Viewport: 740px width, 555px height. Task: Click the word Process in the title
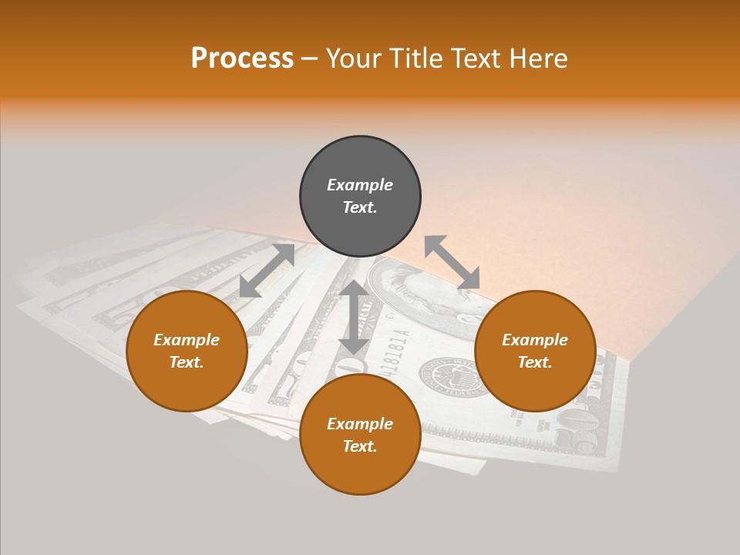click(x=242, y=59)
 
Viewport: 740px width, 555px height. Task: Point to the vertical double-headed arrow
click(x=354, y=318)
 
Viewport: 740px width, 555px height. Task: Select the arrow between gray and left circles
click(x=267, y=271)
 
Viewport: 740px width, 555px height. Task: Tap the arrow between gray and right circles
click(x=452, y=262)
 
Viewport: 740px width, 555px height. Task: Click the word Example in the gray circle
click(x=360, y=185)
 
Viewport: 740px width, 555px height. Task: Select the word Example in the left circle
click(x=187, y=340)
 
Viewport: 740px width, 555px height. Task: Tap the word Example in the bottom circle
click(x=360, y=424)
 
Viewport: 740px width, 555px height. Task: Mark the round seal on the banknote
click(x=447, y=378)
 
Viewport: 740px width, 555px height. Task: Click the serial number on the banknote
click(x=395, y=351)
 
